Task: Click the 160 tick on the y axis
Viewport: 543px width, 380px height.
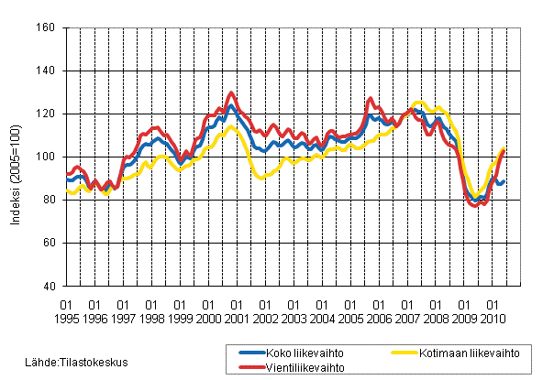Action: click(x=47, y=28)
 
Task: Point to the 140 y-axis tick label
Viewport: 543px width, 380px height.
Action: click(x=47, y=71)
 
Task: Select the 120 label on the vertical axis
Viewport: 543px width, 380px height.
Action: click(x=47, y=114)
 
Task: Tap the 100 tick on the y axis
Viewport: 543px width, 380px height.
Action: click(x=47, y=157)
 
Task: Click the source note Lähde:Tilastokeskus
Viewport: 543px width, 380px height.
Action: click(x=78, y=363)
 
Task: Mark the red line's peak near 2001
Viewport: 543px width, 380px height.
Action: click(x=231, y=92)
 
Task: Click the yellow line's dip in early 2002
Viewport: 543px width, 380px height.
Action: click(x=261, y=178)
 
